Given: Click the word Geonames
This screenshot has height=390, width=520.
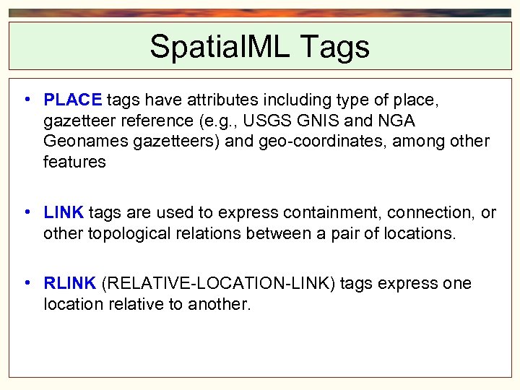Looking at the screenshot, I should pos(86,141).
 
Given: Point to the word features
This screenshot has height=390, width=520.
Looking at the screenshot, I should pos(74,162).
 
